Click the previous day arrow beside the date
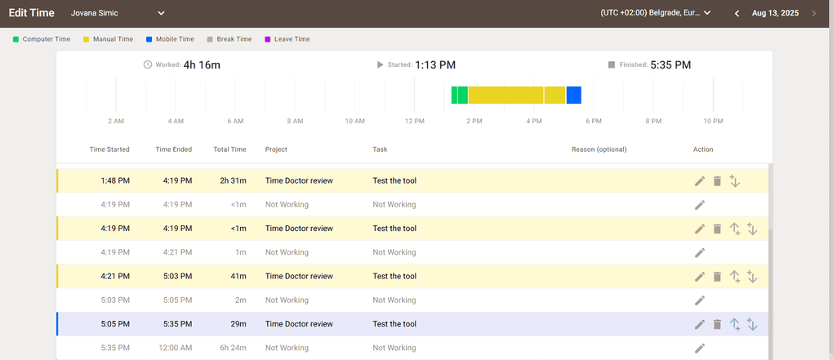[737, 13]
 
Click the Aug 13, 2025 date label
[774, 13]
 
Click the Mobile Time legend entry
[170, 39]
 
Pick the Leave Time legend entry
[287, 39]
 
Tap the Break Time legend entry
[229, 39]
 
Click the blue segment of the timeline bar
[573, 95]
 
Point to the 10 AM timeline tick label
[354, 122]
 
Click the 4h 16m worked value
[202, 65]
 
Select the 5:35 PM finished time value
[670, 65]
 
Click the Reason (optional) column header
[599, 149]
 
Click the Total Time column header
[229, 149]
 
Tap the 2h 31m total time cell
[233, 180]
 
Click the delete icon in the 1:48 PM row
[717, 181]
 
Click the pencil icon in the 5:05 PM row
[700, 324]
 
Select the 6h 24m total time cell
[232, 348]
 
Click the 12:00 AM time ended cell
[173, 348]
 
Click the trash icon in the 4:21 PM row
[717, 277]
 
